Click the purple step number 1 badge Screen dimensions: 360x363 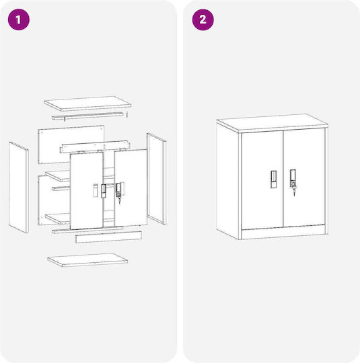click(19, 19)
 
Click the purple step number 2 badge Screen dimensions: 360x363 click(203, 19)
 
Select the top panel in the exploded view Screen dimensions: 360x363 click(87, 104)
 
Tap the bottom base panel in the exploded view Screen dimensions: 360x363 click(87, 259)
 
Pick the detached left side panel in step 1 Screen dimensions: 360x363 click(19, 188)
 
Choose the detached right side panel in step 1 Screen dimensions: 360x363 click(157, 179)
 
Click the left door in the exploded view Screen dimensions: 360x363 click(86, 191)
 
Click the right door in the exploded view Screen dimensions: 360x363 click(131, 188)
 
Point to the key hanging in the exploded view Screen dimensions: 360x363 click(119, 200)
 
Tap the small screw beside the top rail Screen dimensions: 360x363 click(127, 114)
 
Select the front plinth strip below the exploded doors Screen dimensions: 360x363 click(108, 237)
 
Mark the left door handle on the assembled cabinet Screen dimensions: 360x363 click(274, 179)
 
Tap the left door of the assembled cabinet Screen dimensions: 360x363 click(262, 180)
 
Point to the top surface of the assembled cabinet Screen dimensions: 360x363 click(272, 122)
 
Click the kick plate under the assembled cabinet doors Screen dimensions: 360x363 click(283, 232)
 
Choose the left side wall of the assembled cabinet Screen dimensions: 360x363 click(227, 181)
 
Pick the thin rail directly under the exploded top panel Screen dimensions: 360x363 click(87, 116)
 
